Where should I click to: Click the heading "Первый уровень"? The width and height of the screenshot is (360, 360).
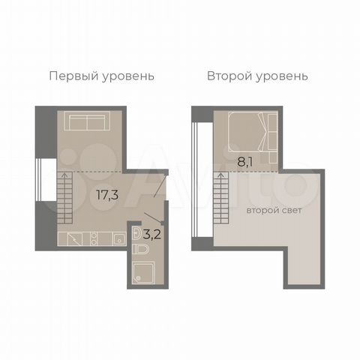(x=101, y=76)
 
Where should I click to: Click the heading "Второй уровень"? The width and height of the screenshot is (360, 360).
(x=257, y=76)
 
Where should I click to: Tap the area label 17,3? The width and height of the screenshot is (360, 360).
(x=107, y=195)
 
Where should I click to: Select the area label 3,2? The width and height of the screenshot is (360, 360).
(x=152, y=235)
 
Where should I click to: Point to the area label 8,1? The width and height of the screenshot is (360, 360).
(x=245, y=162)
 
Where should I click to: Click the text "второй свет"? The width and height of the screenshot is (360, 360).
(x=274, y=211)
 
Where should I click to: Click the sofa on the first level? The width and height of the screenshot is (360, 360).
(x=87, y=121)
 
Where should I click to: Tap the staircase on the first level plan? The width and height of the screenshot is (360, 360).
(x=65, y=197)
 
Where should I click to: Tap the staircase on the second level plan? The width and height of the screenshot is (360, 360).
(x=221, y=197)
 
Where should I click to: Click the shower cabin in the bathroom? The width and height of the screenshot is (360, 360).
(x=143, y=272)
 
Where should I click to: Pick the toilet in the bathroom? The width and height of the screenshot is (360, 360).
(x=140, y=249)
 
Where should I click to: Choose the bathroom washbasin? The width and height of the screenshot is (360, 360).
(x=136, y=234)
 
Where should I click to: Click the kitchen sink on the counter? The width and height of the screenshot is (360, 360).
(x=119, y=239)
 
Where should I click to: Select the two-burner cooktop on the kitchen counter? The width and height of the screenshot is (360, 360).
(x=94, y=239)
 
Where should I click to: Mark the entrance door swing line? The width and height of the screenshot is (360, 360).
(x=160, y=184)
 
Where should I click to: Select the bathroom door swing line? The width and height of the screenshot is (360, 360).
(x=154, y=217)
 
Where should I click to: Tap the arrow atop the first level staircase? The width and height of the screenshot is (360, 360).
(x=65, y=175)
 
